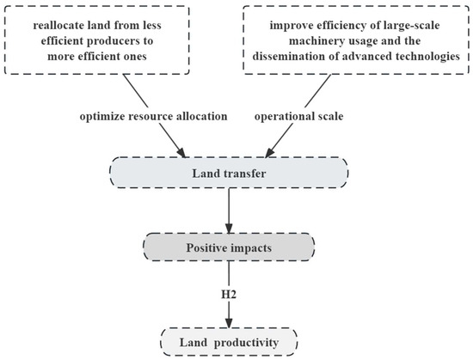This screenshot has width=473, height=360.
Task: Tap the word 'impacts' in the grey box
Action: tap(251, 247)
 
